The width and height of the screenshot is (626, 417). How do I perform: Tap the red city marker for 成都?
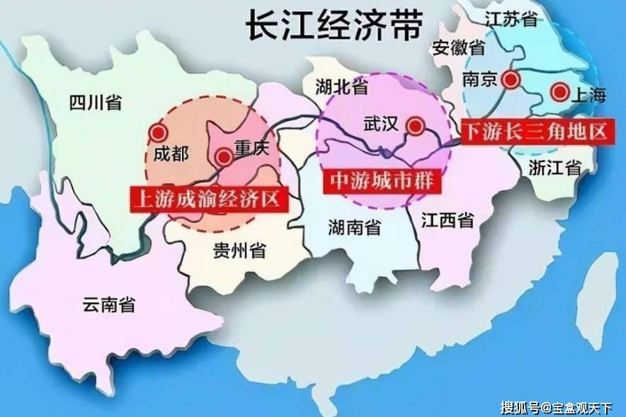pyautogui.click(x=157, y=132)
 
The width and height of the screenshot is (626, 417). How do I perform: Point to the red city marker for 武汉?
pyautogui.click(x=416, y=127)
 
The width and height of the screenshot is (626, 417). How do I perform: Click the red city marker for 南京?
pyautogui.click(x=510, y=79)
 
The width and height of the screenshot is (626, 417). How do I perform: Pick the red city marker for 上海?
pyautogui.click(x=560, y=91)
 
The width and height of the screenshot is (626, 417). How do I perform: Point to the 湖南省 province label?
pyautogui.click(x=354, y=227)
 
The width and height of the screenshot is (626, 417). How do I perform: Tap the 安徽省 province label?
pyautogui.click(x=459, y=48)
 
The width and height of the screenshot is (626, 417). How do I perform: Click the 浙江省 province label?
pyautogui.click(x=554, y=168)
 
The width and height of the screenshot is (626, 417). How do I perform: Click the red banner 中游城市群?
pyautogui.click(x=382, y=180)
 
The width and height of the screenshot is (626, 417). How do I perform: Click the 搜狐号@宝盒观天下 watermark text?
pyautogui.click(x=560, y=407)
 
